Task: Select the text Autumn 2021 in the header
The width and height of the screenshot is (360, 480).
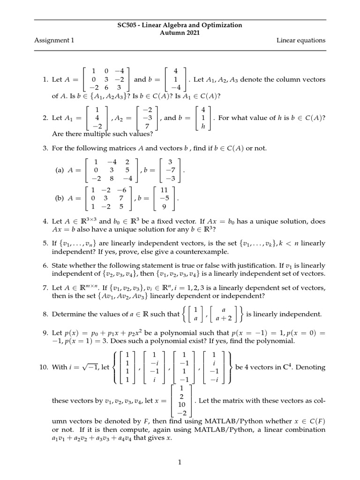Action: coord(180,32)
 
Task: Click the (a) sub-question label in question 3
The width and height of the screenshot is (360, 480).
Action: coord(59,172)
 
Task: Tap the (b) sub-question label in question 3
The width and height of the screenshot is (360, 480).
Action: coord(59,198)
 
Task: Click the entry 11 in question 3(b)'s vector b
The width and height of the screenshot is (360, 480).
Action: coord(164,190)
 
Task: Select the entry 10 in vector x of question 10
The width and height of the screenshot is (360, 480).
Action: coord(180,404)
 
